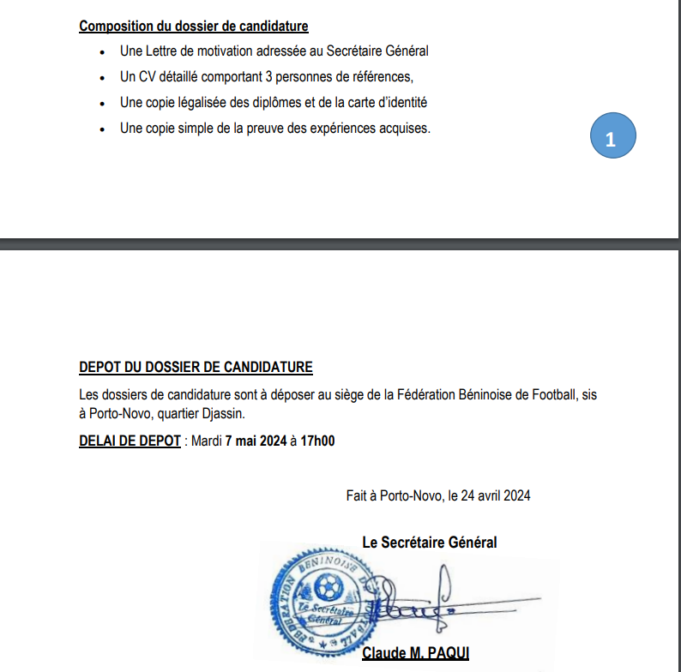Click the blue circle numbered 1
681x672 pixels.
click(x=611, y=138)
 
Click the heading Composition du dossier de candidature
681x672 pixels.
click(x=194, y=26)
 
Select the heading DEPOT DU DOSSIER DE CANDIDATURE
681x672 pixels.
click(x=196, y=368)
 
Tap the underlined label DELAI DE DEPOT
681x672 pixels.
click(x=130, y=441)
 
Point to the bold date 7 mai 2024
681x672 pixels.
click(x=255, y=441)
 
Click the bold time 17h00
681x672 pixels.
click(x=316, y=441)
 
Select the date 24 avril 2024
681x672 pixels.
click(x=497, y=495)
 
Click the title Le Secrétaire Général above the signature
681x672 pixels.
click(x=429, y=542)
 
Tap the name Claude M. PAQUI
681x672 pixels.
click(x=415, y=653)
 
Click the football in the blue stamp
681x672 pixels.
click(x=327, y=588)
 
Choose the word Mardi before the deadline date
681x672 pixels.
click(x=206, y=441)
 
